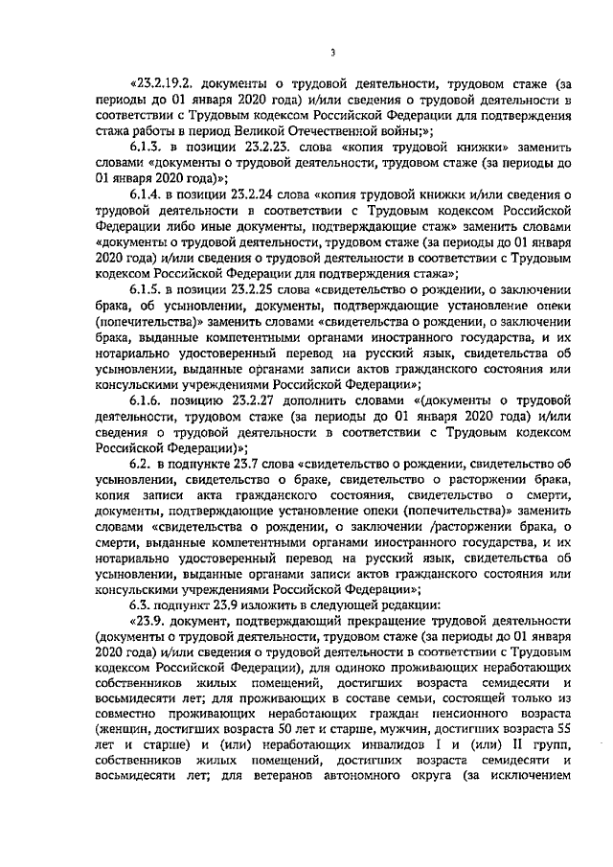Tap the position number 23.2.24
tap(255, 193)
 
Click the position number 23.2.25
tap(255, 285)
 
